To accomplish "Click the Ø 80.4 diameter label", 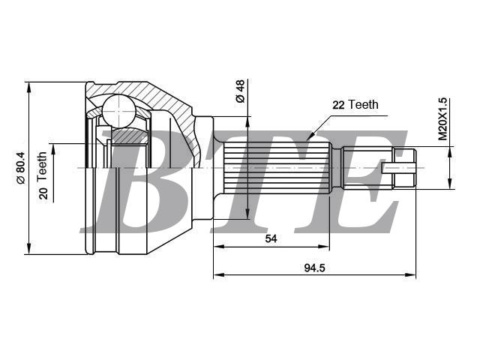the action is [x=20, y=168].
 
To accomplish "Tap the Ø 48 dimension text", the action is [x=240, y=91].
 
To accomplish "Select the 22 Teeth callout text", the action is [x=355, y=105].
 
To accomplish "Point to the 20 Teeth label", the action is [x=43, y=175].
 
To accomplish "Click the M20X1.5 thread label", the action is [x=442, y=119].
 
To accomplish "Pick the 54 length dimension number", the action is [x=271, y=238].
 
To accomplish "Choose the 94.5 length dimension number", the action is [x=314, y=268].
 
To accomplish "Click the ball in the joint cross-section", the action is [x=118, y=112].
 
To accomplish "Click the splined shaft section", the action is [x=276, y=168].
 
